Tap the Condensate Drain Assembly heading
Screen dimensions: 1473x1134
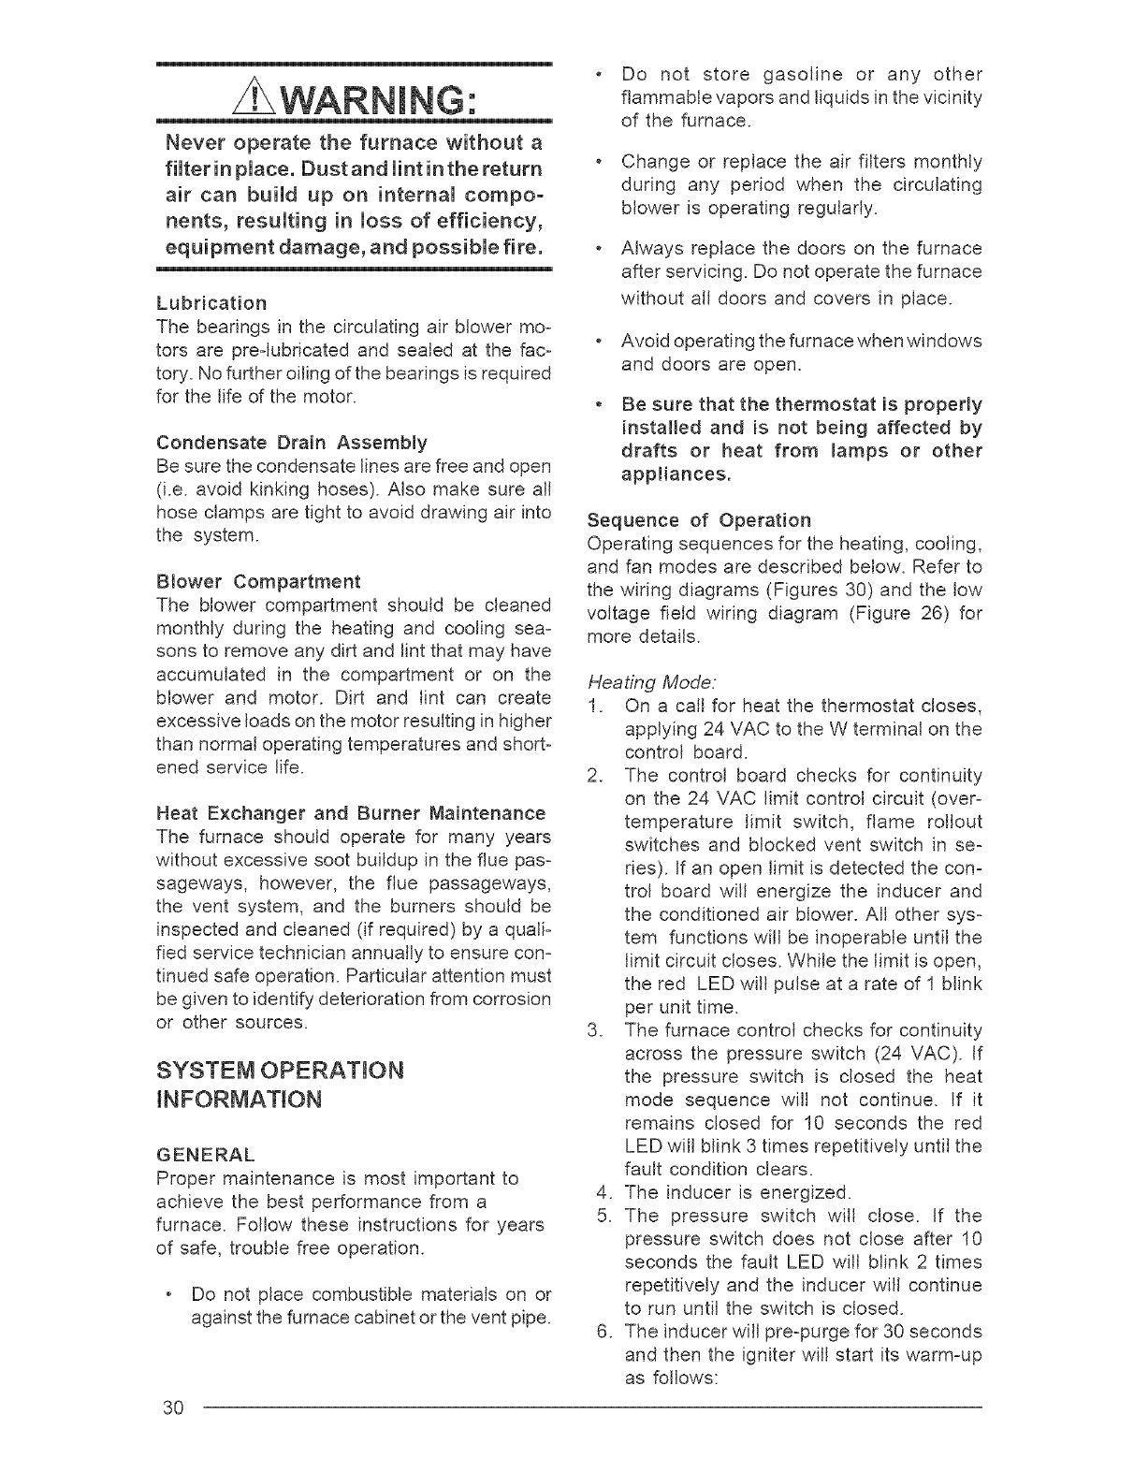292,442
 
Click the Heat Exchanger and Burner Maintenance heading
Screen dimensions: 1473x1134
351,812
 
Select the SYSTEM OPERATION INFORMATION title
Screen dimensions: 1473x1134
280,1083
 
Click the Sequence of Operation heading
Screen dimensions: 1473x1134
699,520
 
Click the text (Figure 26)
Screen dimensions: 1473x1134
876,613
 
